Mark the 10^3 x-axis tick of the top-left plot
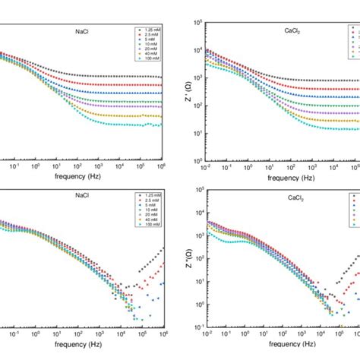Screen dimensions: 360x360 pos(98,166)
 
